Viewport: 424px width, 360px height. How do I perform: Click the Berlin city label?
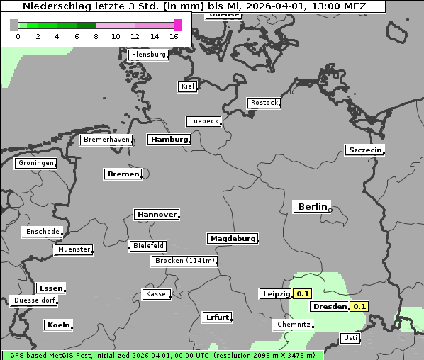click(312, 207)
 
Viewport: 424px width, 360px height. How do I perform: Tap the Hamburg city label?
click(169, 140)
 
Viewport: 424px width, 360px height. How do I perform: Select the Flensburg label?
click(149, 55)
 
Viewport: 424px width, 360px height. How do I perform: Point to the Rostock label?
click(264, 103)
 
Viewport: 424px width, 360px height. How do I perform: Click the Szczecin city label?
click(364, 150)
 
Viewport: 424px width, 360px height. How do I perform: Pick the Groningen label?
click(35, 163)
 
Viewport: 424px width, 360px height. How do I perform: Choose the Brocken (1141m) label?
click(184, 261)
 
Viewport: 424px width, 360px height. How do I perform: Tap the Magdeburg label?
click(232, 238)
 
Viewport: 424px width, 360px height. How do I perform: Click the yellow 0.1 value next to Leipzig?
click(303, 293)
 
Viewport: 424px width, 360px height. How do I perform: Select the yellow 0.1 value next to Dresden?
click(359, 307)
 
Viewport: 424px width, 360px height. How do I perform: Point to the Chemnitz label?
click(294, 325)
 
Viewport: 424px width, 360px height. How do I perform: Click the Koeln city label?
click(58, 325)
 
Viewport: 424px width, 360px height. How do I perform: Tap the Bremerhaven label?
click(106, 140)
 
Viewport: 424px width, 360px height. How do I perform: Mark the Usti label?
click(350, 338)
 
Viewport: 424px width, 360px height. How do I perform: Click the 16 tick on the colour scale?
click(174, 36)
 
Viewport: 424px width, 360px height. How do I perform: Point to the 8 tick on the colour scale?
click(96, 36)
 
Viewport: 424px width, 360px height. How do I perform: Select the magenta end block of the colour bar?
click(177, 25)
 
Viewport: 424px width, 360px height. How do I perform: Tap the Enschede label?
click(43, 232)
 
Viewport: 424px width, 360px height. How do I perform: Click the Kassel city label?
click(157, 294)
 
